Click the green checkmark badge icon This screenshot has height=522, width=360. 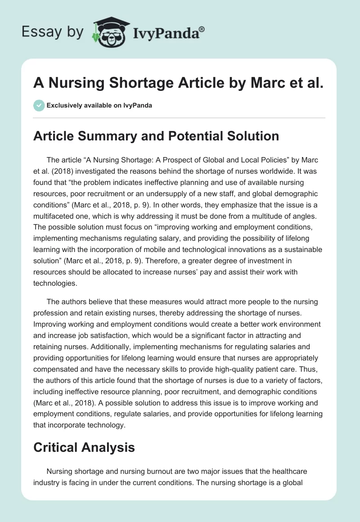39,105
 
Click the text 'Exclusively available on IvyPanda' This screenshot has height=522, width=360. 99,106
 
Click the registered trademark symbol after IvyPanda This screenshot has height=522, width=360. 202,29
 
